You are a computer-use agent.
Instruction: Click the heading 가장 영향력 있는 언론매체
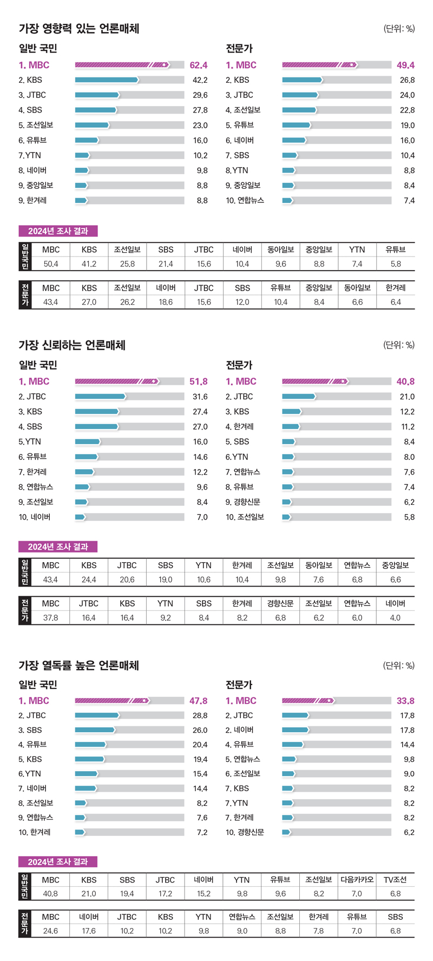79,29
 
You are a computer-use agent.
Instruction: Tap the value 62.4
199,65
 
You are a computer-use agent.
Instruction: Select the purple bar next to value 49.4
319,65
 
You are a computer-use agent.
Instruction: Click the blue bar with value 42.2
107,80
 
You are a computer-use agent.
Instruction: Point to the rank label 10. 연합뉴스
245,201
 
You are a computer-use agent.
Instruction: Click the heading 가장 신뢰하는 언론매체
72,345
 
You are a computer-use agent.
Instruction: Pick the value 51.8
199,382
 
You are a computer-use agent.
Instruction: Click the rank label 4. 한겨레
240,427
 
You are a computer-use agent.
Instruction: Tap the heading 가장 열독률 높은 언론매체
79,666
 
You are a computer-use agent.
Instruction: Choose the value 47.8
199,701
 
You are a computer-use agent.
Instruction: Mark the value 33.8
405,701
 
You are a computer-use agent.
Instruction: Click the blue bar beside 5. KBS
90,760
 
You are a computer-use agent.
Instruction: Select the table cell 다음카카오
357,880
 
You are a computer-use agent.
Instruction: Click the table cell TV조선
396,880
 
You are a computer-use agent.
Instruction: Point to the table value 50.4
51,264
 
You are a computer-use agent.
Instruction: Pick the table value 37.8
51,618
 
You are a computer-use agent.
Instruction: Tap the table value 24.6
51,931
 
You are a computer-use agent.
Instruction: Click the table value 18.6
166,302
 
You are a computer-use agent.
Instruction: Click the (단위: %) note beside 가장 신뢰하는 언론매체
399,345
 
